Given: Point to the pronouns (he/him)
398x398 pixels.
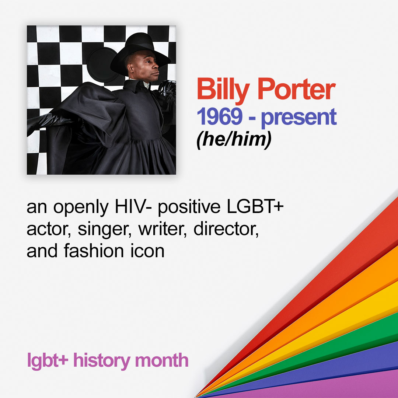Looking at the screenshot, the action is (234, 140).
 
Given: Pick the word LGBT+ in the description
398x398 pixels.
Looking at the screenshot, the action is (255, 206).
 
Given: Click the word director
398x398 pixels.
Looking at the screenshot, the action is (226, 229).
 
